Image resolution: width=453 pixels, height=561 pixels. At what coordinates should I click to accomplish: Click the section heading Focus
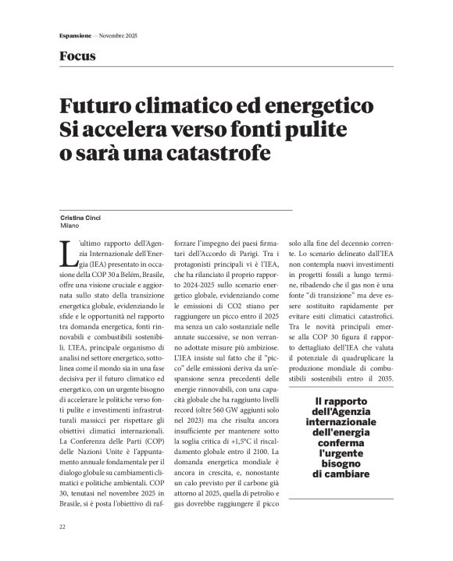coord(77,56)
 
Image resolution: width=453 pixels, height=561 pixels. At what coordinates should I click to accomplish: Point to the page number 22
coord(62,527)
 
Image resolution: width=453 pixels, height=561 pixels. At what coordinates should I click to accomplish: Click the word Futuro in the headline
coord(104,106)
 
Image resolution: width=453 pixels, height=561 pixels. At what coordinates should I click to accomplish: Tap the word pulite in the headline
coord(312,130)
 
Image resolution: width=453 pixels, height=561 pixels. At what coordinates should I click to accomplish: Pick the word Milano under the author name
coord(70,225)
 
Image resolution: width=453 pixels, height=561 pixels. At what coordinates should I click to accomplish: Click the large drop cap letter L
coord(66,254)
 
